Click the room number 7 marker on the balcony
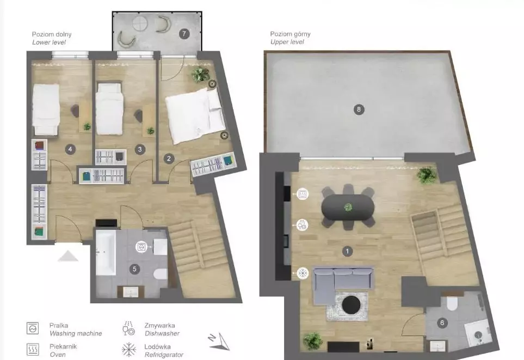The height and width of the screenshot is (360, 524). tap(184, 34)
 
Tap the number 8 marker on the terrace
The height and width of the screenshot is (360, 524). tap(359, 109)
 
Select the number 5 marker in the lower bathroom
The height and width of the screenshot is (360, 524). tap(135, 269)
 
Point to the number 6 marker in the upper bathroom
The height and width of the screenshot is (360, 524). tap(442, 323)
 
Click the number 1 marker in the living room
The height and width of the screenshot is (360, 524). tap(347, 251)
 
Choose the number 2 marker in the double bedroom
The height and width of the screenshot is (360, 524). tap(169, 158)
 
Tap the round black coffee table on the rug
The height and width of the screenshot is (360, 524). tap(351, 305)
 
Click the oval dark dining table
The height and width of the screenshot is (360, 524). tap(348, 208)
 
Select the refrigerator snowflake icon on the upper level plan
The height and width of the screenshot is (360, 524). tap(303, 273)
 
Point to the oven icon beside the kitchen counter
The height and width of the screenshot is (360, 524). tap(303, 194)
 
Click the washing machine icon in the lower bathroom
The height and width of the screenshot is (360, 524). tap(141, 247)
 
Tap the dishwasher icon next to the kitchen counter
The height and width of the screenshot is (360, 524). tap(303, 225)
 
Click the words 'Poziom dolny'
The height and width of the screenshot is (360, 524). tap(52, 34)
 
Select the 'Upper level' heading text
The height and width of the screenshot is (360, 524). tap(287, 42)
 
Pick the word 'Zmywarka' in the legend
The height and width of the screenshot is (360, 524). tap(160, 325)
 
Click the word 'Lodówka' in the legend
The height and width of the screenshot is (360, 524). tap(157, 346)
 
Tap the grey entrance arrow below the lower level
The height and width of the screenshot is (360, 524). tap(68, 256)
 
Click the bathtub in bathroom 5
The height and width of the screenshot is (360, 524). tap(106, 253)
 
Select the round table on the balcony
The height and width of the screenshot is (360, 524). tap(140, 23)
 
